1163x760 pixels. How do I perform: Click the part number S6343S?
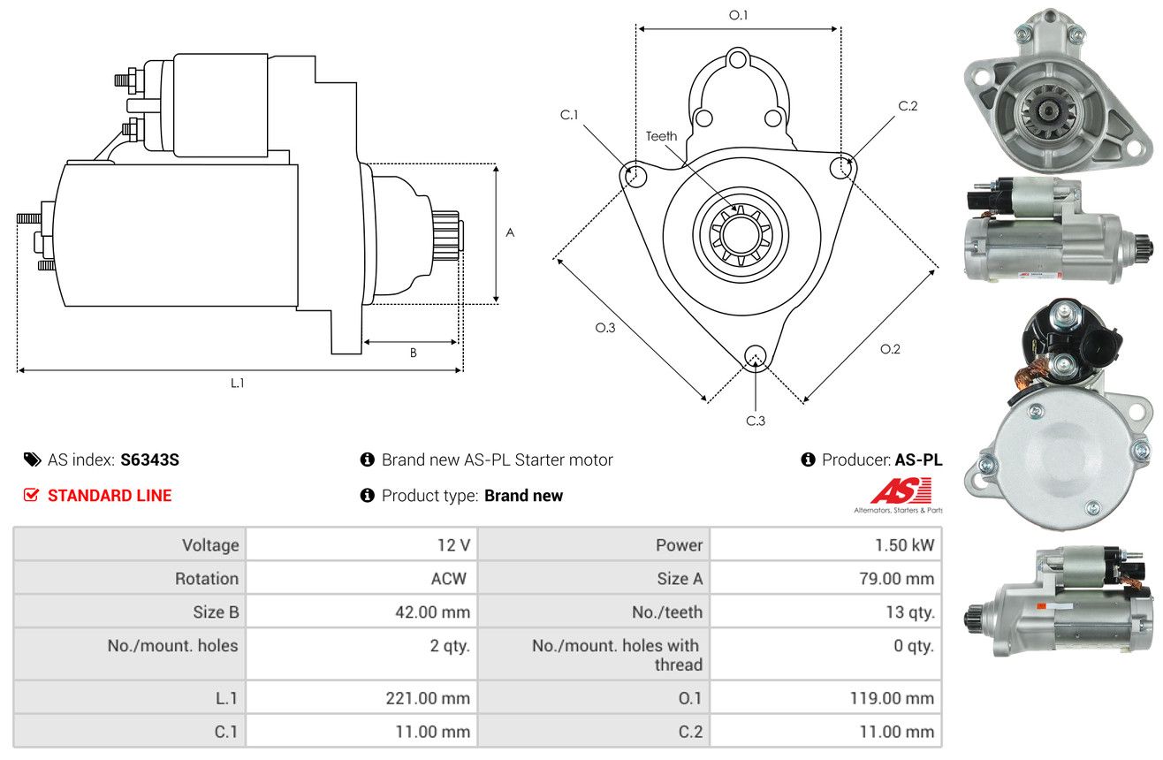point(149,460)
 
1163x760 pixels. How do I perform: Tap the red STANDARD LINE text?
point(110,496)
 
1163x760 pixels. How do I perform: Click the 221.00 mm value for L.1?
point(428,698)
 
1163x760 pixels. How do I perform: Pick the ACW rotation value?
point(449,578)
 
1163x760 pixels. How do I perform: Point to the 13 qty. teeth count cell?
point(910,612)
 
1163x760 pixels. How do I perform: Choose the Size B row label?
point(216,612)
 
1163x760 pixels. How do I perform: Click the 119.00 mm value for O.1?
point(892,698)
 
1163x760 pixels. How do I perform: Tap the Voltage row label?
point(210,545)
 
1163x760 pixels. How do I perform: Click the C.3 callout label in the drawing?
point(756,421)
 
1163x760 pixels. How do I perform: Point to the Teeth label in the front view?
point(661,136)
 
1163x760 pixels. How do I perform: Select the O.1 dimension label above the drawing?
point(738,15)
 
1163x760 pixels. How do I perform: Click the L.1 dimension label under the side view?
point(237,384)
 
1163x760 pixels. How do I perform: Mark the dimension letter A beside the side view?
point(510,232)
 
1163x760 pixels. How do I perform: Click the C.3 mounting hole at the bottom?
point(756,356)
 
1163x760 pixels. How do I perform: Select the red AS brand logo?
point(901,490)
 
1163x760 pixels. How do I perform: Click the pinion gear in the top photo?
point(1048,110)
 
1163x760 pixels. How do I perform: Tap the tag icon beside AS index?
point(32,460)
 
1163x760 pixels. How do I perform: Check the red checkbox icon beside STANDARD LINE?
point(31,495)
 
